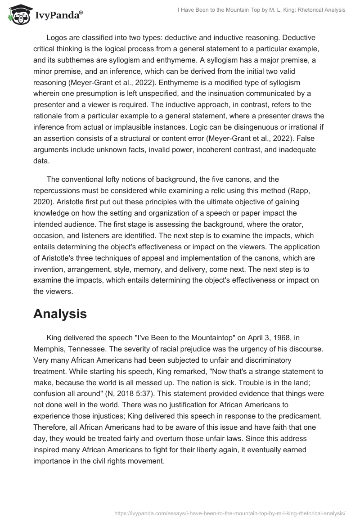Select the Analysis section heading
[x=60, y=314]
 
